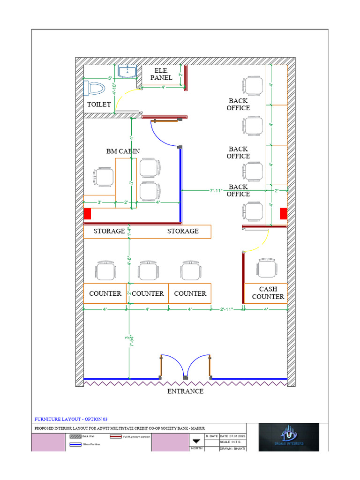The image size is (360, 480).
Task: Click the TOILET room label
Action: click(x=99, y=104)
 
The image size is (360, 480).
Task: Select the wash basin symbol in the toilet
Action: click(x=127, y=71)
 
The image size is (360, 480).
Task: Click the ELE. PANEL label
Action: click(x=161, y=74)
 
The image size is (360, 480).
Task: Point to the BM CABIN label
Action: click(x=123, y=151)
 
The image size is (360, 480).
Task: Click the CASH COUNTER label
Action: click(x=268, y=293)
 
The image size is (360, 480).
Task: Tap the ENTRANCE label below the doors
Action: click(x=186, y=391)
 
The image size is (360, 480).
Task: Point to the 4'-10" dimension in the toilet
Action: click(x=114, y=88)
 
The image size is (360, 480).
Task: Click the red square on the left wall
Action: click(x=87, y=214)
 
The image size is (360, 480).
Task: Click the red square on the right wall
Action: click(x=283, y=214)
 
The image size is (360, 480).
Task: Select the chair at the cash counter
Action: click(x=266, y=268)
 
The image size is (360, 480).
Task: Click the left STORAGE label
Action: click(x=109, y=231)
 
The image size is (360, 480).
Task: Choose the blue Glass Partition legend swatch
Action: click(x=75, y=444)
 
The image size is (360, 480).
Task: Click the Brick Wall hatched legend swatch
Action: click(x=75, y=436)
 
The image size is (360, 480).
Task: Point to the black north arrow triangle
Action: click(x=196, y=441)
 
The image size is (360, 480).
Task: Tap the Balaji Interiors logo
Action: click(x=289, y=437)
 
